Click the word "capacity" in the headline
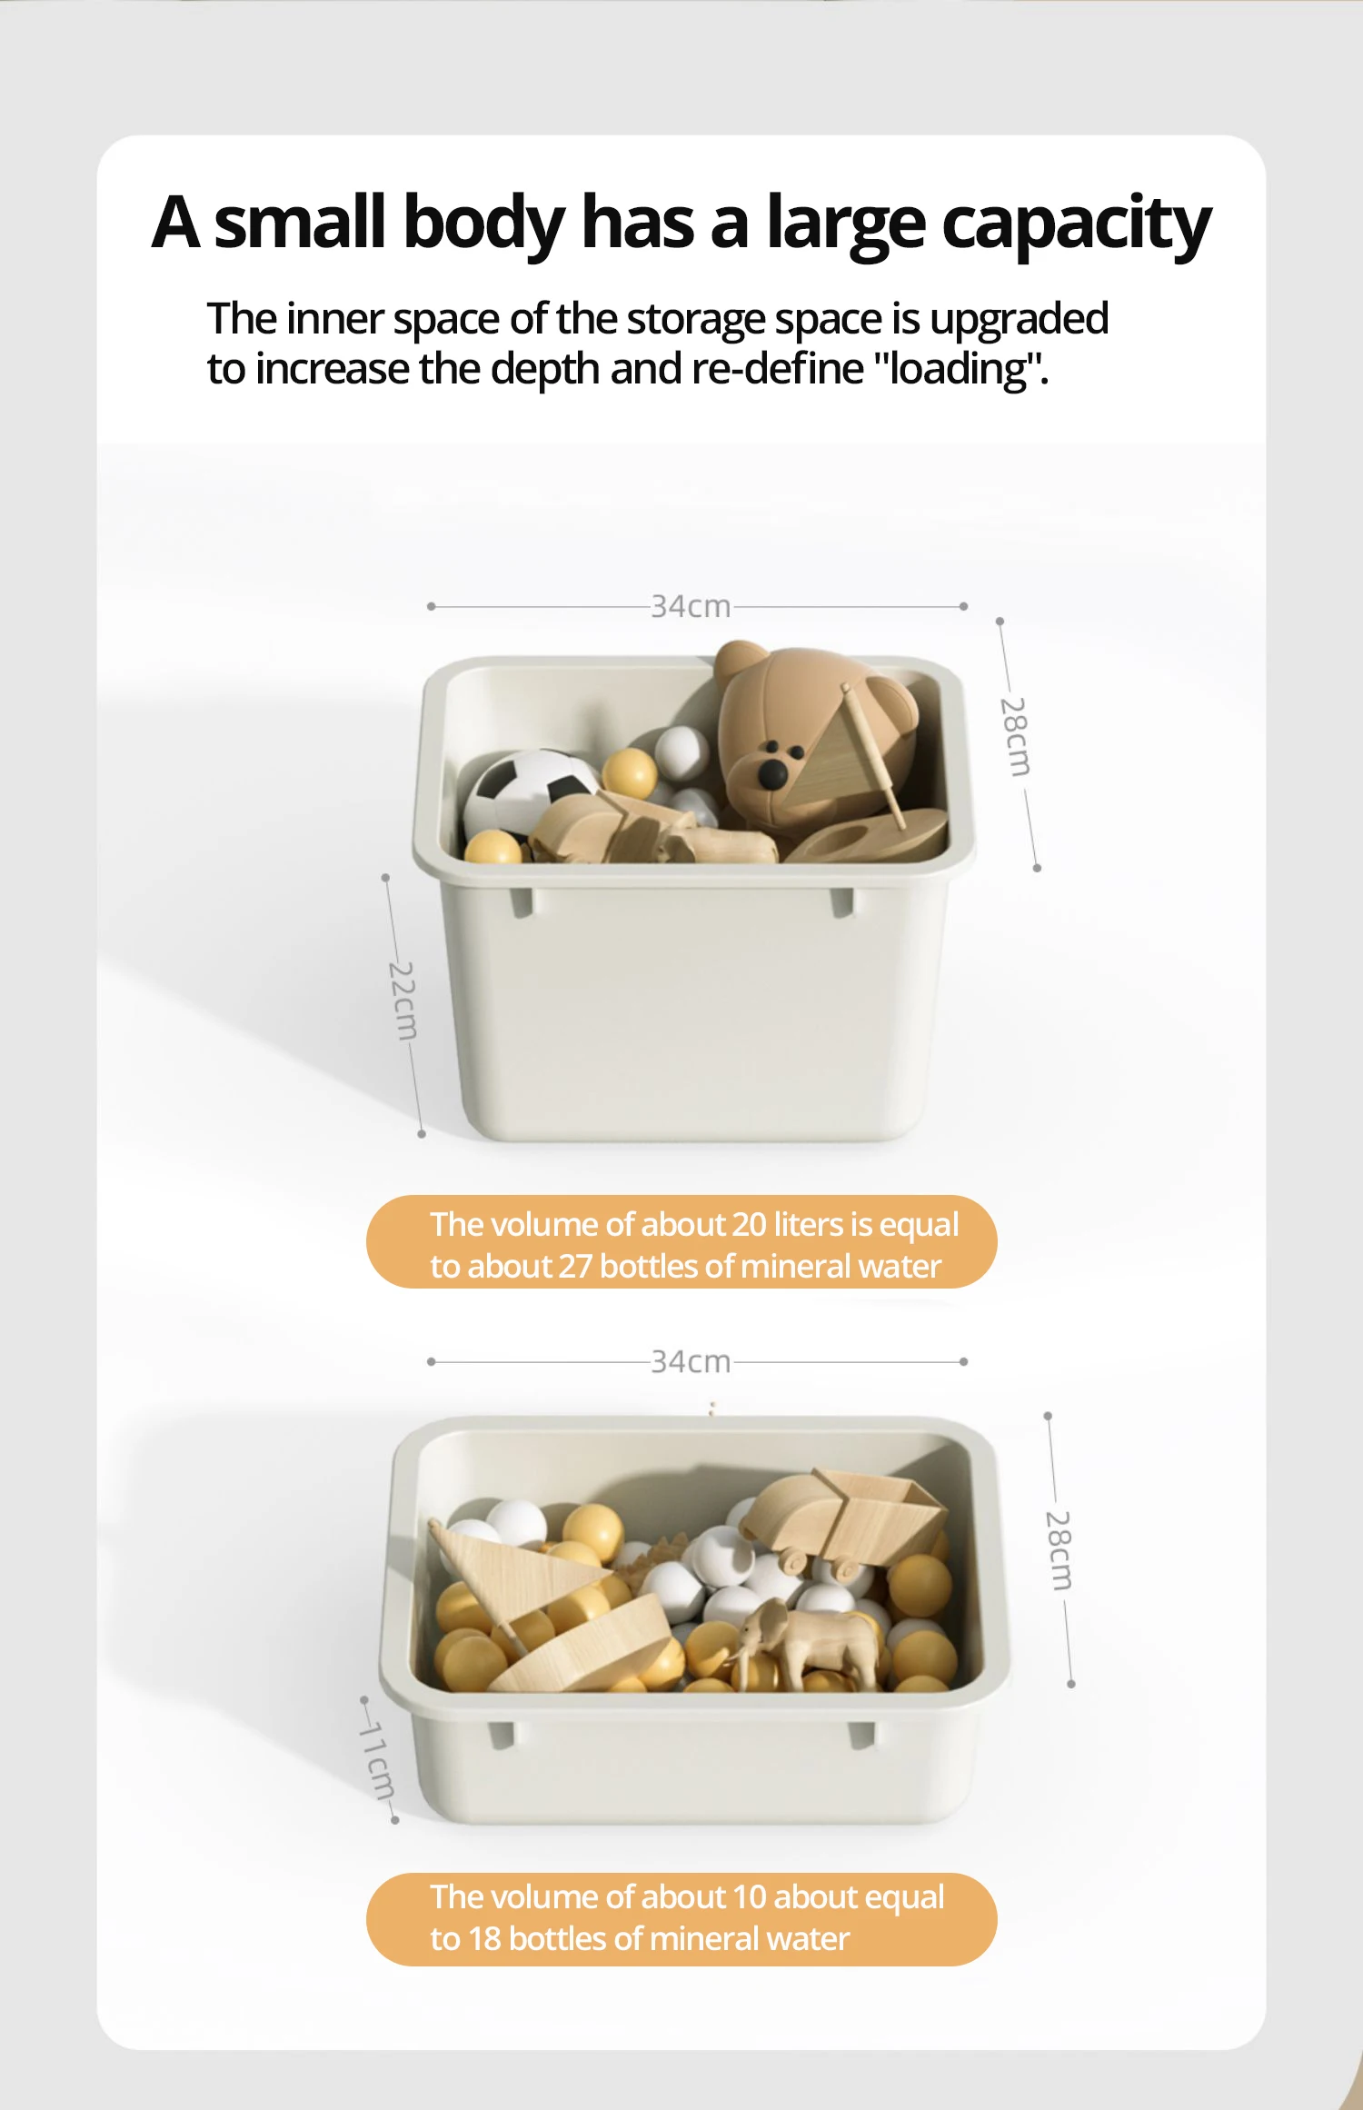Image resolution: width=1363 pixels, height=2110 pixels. tap(1076, 224)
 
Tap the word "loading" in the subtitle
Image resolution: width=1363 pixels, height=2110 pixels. tap(958, 369)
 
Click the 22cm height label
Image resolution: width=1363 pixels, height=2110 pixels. tap(403, 1000)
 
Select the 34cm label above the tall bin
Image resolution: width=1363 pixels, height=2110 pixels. tap(691, 606)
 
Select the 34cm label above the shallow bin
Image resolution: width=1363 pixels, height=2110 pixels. tap(691, 1361)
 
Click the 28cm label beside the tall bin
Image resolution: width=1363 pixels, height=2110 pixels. tap(1016, 737)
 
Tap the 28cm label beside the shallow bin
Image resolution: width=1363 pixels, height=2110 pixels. tap(1059, 1550)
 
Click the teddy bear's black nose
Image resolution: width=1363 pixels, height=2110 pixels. tap(773, 772)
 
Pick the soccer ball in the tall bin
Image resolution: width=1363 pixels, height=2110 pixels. tap(530, 792)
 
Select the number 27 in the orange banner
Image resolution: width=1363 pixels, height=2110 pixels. tap(575, 1267)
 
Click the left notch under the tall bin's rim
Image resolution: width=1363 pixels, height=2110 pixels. tap(522, 902)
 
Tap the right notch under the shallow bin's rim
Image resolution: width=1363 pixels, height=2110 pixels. tap(861, 1734)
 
